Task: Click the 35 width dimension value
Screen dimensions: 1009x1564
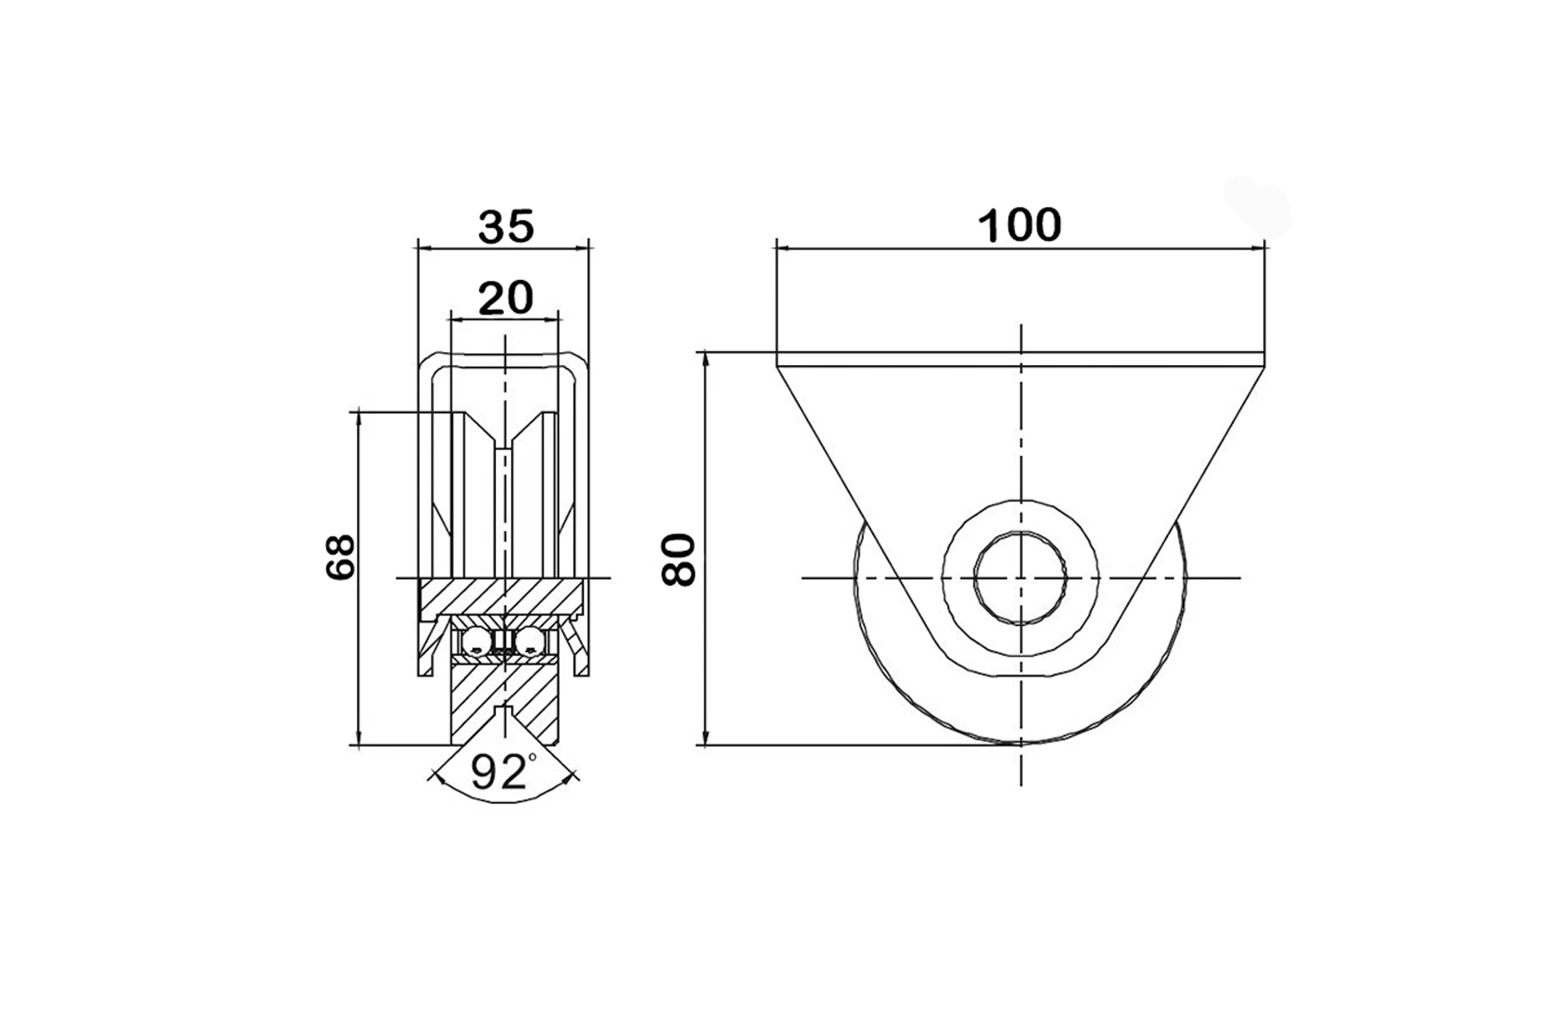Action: [505, 228]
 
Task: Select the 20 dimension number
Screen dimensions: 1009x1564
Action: [505, 299]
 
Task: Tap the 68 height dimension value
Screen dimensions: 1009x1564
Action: [341, 557]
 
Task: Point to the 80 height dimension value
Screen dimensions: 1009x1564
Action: [679, 561]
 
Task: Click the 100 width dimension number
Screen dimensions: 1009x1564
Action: [1019, 226]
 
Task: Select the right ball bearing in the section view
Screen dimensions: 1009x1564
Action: [530, 643]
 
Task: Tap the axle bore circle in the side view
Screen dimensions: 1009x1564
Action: [1021, 577]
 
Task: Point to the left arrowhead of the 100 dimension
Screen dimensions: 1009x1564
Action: [782, 249]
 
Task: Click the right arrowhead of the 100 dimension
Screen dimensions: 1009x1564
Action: [1258, 249]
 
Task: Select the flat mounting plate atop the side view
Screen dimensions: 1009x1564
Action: [1019, 359]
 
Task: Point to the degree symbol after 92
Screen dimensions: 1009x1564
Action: [532, 759]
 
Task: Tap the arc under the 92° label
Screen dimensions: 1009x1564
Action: [504, 800]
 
